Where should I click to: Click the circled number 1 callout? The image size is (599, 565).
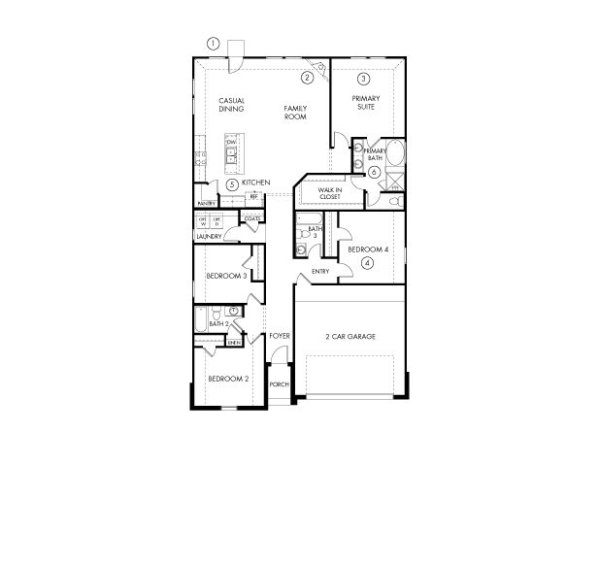pos(214,43)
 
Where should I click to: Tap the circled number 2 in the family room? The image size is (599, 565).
pos(307,78)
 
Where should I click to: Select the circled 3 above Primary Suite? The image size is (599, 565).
pos(363,79)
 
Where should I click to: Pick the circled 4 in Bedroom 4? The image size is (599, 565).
pos(367,262)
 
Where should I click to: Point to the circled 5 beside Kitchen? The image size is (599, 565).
pos(232,183)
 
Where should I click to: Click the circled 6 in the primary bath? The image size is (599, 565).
pos(374,172)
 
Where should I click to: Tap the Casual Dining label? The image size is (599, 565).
pos(231,105)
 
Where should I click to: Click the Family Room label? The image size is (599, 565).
pos(295,112)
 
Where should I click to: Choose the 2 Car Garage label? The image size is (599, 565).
pos(350,337)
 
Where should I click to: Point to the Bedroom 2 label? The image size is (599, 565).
pos(228,379)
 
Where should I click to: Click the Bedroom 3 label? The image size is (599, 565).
pos(225,276)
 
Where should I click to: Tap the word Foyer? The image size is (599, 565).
pos(280,336)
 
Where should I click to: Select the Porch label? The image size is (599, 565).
pos(280,384)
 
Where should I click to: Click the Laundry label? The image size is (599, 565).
pos(209,236)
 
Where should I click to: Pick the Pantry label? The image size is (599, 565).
pos(206,203)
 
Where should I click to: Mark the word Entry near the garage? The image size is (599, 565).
pos(320,271)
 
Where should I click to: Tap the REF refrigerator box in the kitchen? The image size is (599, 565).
pos(253,197)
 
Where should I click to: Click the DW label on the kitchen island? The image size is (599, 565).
pos(231,143)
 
